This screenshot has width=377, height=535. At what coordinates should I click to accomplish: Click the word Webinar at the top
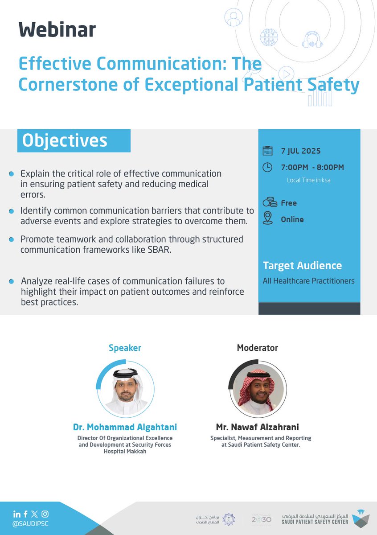(x=57, y=30)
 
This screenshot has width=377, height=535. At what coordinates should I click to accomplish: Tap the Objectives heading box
(x=74, y=140)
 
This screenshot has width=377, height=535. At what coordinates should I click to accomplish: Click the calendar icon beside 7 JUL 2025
(x=267, y=151)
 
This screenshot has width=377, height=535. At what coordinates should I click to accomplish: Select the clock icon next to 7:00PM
(x=267, y=167)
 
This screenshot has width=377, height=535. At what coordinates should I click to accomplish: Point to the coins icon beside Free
(x=269, y=203)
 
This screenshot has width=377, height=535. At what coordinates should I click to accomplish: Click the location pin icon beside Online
(x=267, y=218)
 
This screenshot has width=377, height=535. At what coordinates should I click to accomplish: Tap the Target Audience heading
(x=302, y=266)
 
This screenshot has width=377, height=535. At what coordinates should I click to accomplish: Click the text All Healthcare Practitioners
(x=308, y=281)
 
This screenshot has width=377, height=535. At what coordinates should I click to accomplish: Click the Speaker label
(x=125, y=348)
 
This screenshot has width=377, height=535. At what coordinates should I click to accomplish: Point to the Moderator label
(x=258, y=348)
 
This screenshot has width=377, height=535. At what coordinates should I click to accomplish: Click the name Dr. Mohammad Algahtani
(x=125, y=428)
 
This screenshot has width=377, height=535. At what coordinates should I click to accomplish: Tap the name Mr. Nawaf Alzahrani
(x=258, y=428)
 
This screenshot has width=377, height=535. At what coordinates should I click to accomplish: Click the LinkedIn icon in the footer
(x=16, y=514)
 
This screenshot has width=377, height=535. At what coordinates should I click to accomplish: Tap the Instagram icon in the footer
(x=45, y=514)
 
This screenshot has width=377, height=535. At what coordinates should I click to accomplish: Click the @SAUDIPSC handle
(x=30, y=524)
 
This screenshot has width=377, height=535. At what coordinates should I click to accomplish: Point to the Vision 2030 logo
(x=261, y=519)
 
